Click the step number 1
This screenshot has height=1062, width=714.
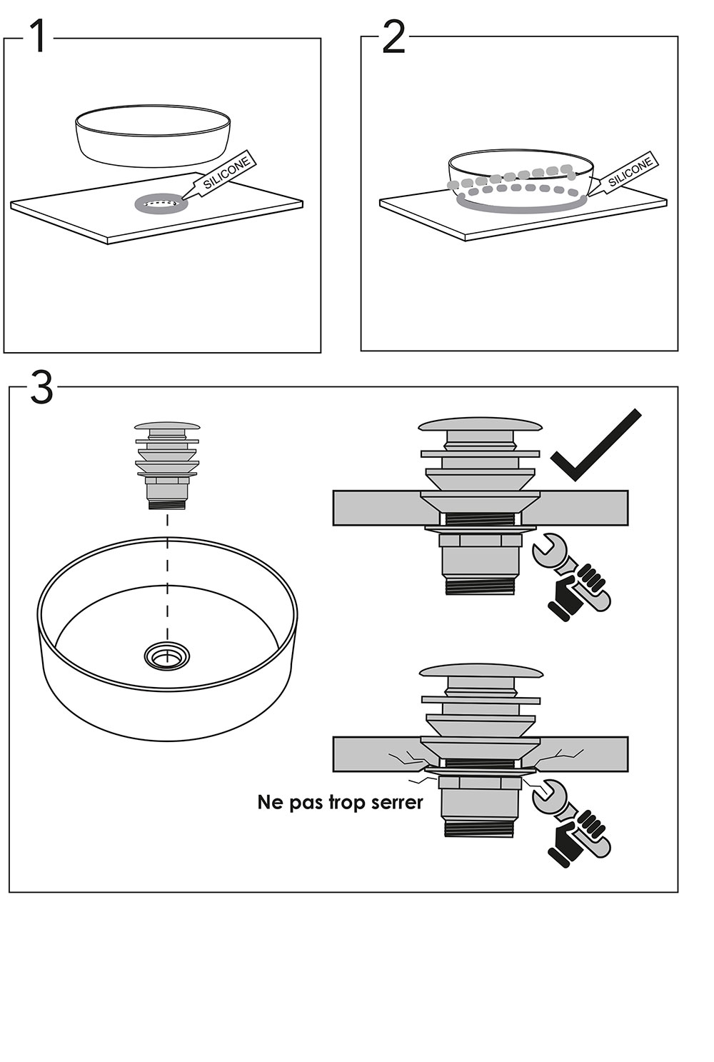pyautogui.click(x=39, y=38)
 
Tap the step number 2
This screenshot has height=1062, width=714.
pyautogui.click(x=393, y=38)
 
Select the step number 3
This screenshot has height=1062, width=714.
pyautogui.click(x=41, y=388)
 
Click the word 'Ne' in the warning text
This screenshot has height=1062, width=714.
pyautogui.click(x=268, y=802)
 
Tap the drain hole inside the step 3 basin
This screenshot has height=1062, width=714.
pyautogui.click(x=168, y=654)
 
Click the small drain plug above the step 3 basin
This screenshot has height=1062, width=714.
pyautogui.click(x=166, y=465)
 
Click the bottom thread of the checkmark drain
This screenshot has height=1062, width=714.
pyautogui.click(x=480, y=586)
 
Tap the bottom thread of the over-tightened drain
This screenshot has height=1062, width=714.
pyautogui.click(x=480, y=828)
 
